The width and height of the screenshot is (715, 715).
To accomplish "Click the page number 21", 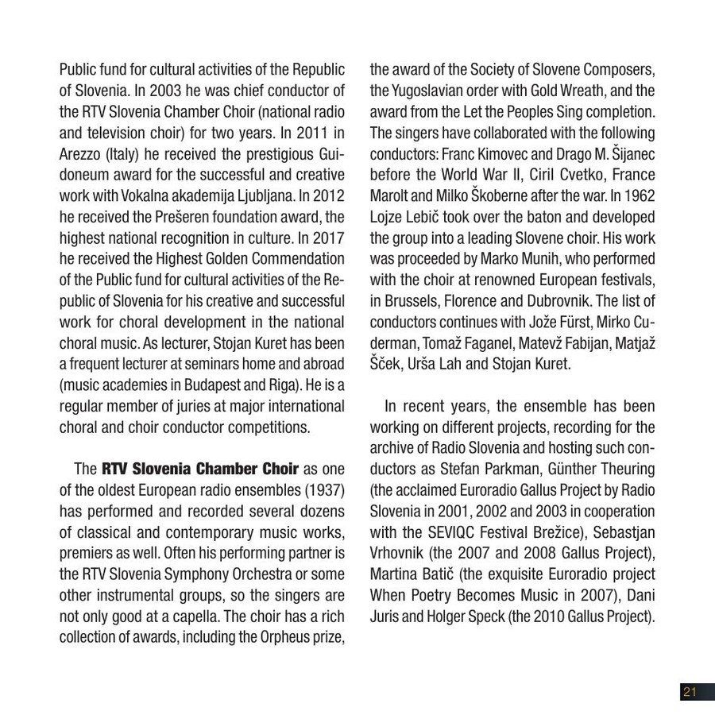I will coord(689,692).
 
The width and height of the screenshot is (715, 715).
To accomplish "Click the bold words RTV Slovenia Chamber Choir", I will coord(199,469).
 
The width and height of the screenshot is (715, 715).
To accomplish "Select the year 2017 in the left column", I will coord(328,259).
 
